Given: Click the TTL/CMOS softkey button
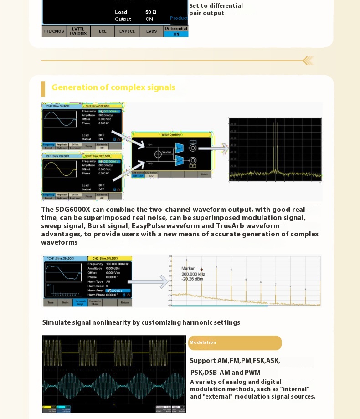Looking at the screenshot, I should pyautogui.click(x=54, y=31).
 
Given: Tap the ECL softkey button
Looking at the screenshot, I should pyautogui.click(x=102, y=31).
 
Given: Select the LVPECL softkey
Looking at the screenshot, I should pyautogui.click(x=127, y=31).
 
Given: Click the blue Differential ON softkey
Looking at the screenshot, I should pyautogui.click(x=176, y=31).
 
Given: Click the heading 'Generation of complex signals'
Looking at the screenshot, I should pyautogui.click(x=113, y=87).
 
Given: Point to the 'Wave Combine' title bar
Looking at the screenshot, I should pyautogui.click(x=172, y=135).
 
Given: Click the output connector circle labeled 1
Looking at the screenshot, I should pyautogui.click(x=193, y=148).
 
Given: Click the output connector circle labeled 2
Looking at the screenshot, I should pyautogui.click(x=193, y=160).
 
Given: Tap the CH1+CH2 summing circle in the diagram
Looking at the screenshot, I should pyautogui.click(x=158, y=154).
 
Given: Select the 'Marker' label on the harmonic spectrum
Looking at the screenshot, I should pyautogui.click(x=188, y=268).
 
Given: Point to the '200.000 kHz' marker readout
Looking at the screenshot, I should pyautogui.click(x=193, y=274).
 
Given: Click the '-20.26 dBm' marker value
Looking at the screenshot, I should pyautogui.click(x=192, y=279).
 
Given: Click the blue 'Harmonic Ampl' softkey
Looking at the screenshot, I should pyautogui.click(x=80, y=302).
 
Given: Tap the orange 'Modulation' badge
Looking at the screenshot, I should pyautogui.click(x=235, y=343).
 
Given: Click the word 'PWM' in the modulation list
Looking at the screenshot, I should pyautogui.click(x=253, y=373).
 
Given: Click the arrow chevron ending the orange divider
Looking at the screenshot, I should pyautogui.click(x=308, y=61).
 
